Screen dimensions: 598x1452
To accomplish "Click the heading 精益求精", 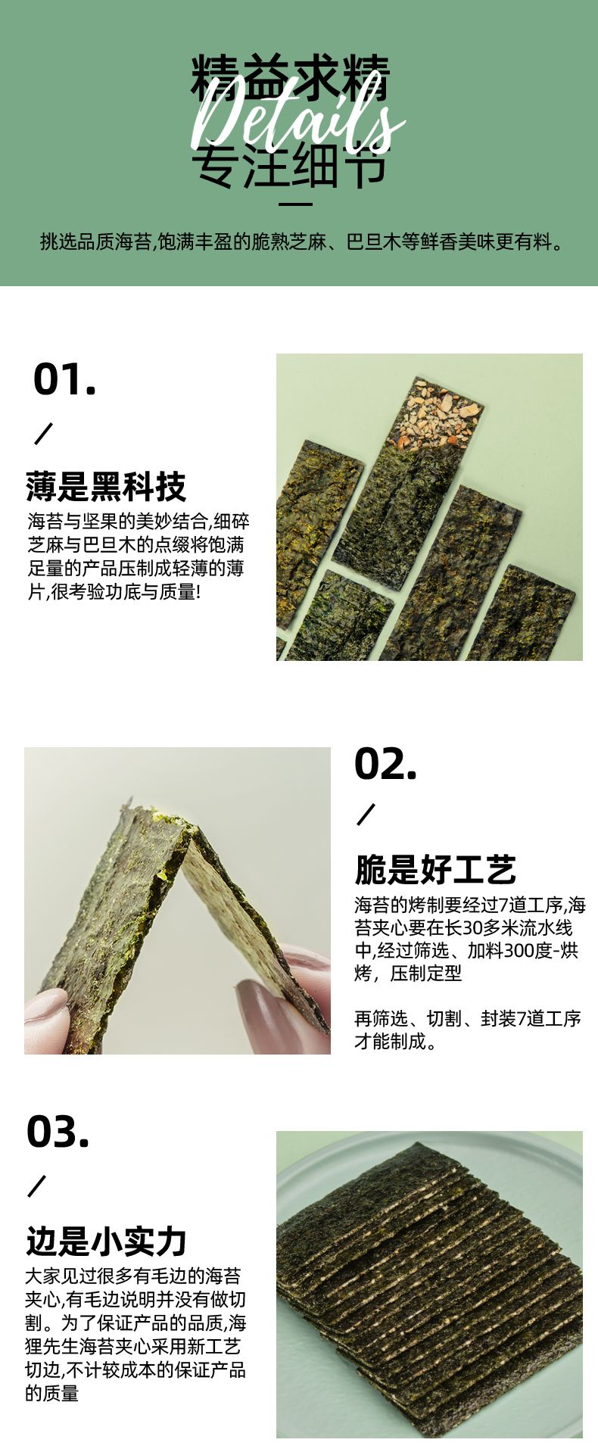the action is pos(290,79).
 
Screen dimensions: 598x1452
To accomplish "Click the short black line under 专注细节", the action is pos(296,204).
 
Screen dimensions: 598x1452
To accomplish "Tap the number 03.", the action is pos(58,1132).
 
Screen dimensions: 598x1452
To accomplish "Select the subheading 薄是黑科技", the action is pos(105,487).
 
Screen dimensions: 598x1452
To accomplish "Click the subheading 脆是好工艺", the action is pos(435,870).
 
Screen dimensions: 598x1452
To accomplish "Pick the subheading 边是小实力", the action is pos(106,1241).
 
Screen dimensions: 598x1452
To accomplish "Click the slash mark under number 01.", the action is pos(44,435).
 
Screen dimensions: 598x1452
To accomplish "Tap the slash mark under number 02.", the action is pos(366,815).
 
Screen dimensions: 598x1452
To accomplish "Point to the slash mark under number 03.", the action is pos(37,1186).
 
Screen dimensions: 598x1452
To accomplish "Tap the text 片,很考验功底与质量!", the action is pos(114,591).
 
